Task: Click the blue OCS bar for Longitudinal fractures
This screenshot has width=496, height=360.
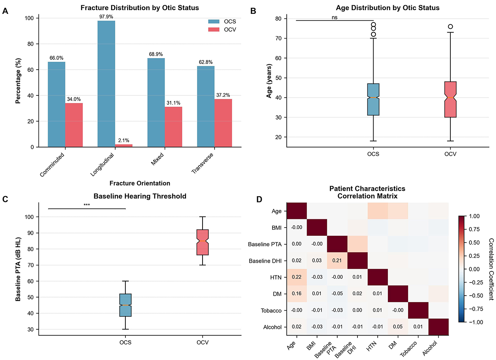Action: (x=106, y=84)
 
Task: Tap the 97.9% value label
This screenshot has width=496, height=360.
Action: (x=106, y=17)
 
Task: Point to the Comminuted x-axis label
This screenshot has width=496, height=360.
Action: (x=52, y=164)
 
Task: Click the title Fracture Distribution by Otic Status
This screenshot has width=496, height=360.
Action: (x=140, y=8)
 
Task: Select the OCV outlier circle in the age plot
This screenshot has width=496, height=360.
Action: (x=450, y=27)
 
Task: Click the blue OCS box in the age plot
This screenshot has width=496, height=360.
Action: (x=373, y=100)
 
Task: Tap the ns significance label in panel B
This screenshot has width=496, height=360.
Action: (x=335, y=18)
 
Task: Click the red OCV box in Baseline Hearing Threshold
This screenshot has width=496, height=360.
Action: (x=203, y=242)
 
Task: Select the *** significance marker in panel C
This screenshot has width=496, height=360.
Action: (x=87, y=205)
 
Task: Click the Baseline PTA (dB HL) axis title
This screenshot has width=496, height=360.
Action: (x=18, y=269)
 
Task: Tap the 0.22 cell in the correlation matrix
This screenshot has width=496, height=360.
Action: (x=296, y=277)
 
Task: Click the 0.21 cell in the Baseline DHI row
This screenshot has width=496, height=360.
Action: (x=337, y=261)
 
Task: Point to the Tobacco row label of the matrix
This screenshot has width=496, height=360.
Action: (x=271, y=311)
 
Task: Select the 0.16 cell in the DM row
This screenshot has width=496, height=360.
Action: (x=296, y=294)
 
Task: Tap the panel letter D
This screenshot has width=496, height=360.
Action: (x=259, y=199)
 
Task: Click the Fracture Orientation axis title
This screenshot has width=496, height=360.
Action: (x=140, y=183)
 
